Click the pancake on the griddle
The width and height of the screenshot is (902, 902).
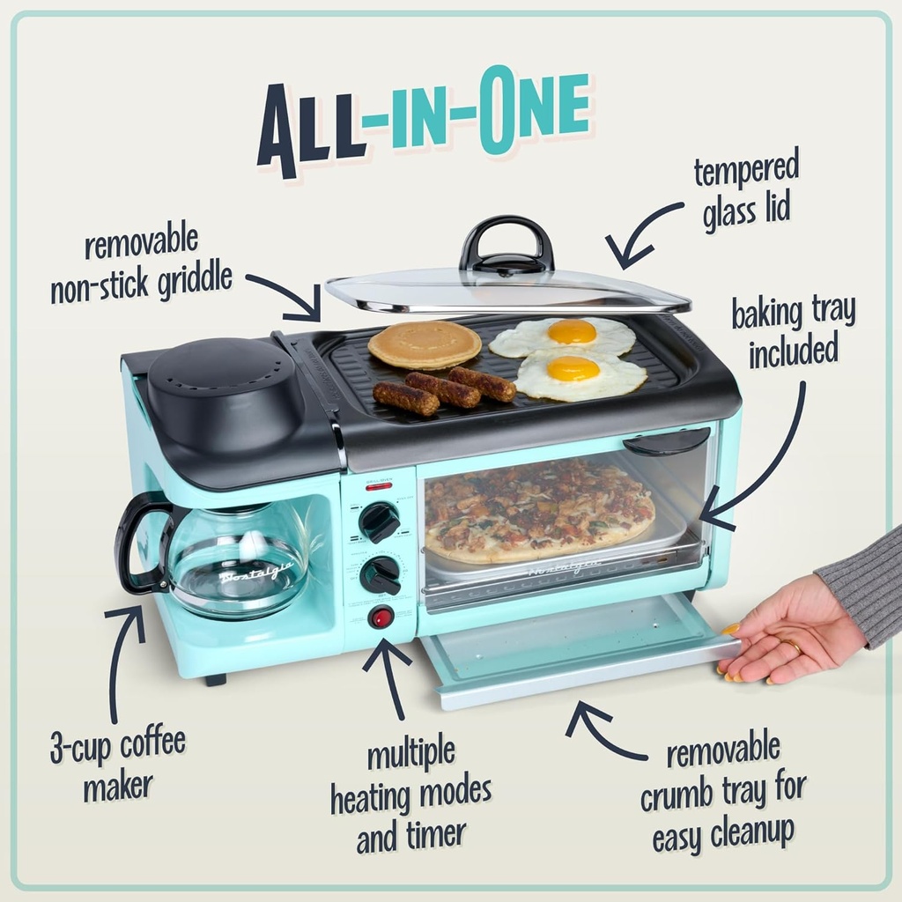(425, 344)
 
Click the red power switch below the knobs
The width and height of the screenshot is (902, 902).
(381, 617)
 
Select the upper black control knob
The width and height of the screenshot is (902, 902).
(380, 521)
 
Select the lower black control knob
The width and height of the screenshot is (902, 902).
(380, 574)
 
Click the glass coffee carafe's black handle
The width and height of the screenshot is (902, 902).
(137, 542)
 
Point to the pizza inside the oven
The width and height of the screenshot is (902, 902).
(537, 511)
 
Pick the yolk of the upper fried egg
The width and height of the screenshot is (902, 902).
(572, 331)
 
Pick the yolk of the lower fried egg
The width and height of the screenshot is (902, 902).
(573, 367)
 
